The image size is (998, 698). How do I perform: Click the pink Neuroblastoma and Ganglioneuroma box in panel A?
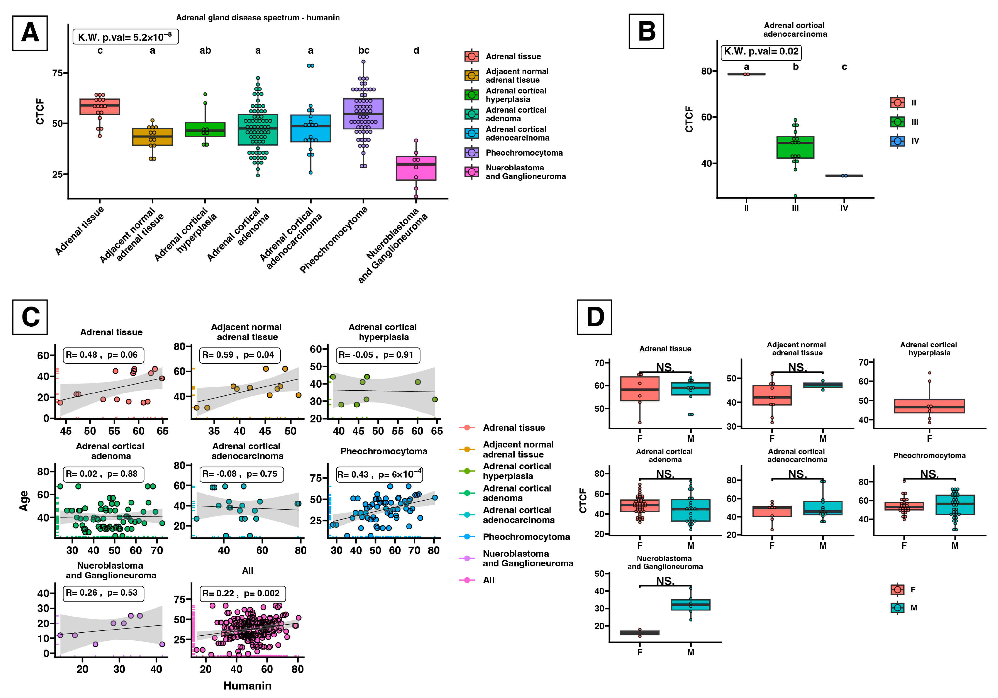tap(416, 168)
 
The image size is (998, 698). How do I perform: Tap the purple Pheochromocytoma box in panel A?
tap(363, 114)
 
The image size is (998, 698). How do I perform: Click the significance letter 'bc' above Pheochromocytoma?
tap(364, 50)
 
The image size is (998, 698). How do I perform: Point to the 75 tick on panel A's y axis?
tap(57, 73)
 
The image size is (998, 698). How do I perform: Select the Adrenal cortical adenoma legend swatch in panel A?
tap(472, 114)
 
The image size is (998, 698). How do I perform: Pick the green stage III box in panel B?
tap(795, 147)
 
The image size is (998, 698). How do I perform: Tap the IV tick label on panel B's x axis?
tap(844, 208)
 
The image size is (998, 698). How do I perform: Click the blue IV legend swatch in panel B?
tap(898, 141)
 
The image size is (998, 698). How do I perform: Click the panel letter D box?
tap(594, 317)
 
